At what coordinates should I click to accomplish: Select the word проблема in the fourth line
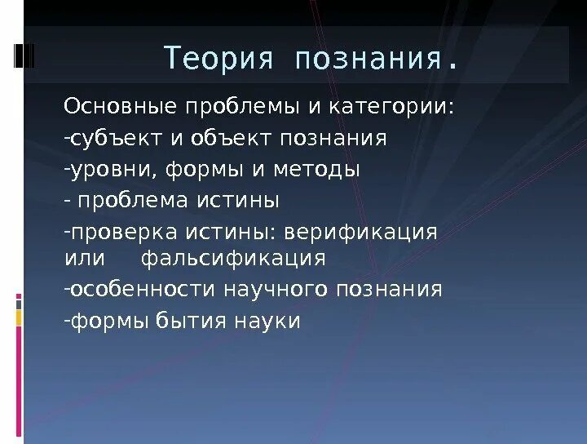135,200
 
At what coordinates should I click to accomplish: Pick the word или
85,259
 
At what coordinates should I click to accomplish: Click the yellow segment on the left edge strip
19,317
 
